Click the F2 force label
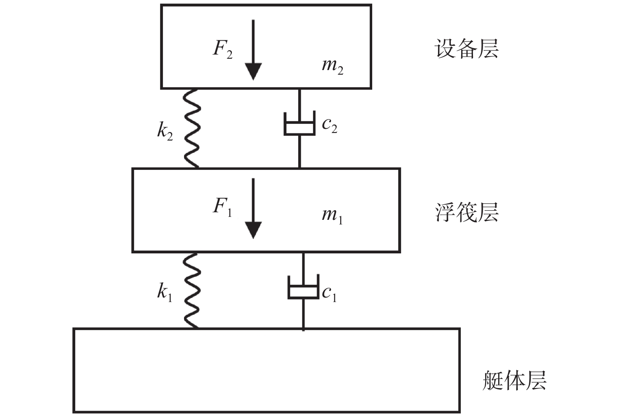coord(223,49)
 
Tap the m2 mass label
coord(332,66)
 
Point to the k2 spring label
coord(165,131)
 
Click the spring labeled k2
coord(192,128)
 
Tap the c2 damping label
coord(329,125)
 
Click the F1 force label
coord(222,206)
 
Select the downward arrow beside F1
coord(253,208)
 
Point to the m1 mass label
coord(332,215)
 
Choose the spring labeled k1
coord(192,290)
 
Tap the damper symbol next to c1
coord(303,288)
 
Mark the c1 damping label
coord(329,293)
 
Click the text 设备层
coord(466,49)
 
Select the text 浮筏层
coord(466,212)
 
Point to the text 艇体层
coord(514,381)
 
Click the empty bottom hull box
coord(266,370)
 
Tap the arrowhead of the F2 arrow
coord(253,71)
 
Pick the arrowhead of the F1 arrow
coord(253,230)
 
